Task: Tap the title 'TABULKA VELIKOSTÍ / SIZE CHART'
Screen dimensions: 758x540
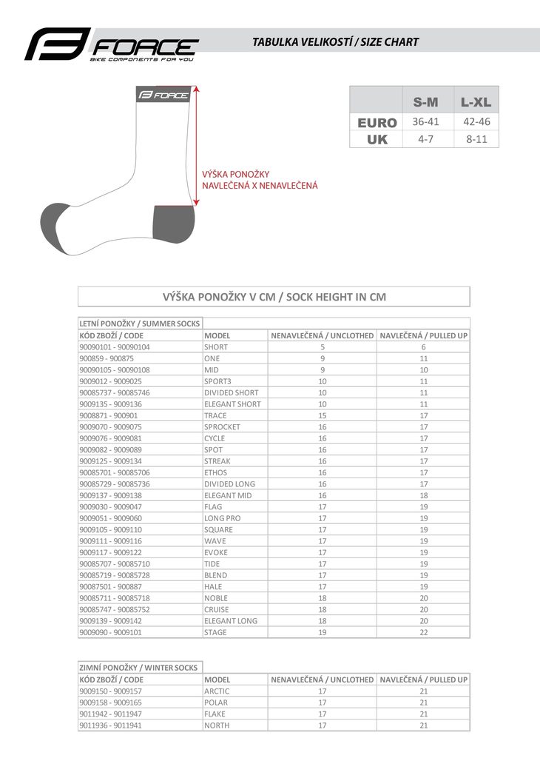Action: (335, 42)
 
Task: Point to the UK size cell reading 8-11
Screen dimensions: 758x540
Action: (476, 138)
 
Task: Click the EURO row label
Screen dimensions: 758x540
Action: (377, 122)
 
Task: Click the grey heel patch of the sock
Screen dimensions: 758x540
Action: (173, 224)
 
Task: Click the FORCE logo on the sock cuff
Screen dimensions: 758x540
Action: (163, 95)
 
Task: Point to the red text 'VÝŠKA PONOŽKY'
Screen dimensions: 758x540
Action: (236, 174)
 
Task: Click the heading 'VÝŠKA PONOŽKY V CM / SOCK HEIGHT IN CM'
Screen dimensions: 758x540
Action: (274, 297)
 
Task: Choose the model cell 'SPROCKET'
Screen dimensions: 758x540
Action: (222, 427)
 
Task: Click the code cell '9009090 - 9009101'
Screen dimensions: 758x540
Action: (110, 632)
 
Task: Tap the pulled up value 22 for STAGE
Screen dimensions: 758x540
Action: (424, 632)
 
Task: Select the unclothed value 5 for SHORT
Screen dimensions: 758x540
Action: (323, 346)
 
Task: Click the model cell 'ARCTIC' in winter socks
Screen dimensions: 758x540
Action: (217, 691)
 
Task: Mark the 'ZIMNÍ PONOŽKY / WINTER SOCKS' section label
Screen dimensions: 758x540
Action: (138, 667)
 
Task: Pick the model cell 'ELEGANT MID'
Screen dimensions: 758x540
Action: (228, 495)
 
